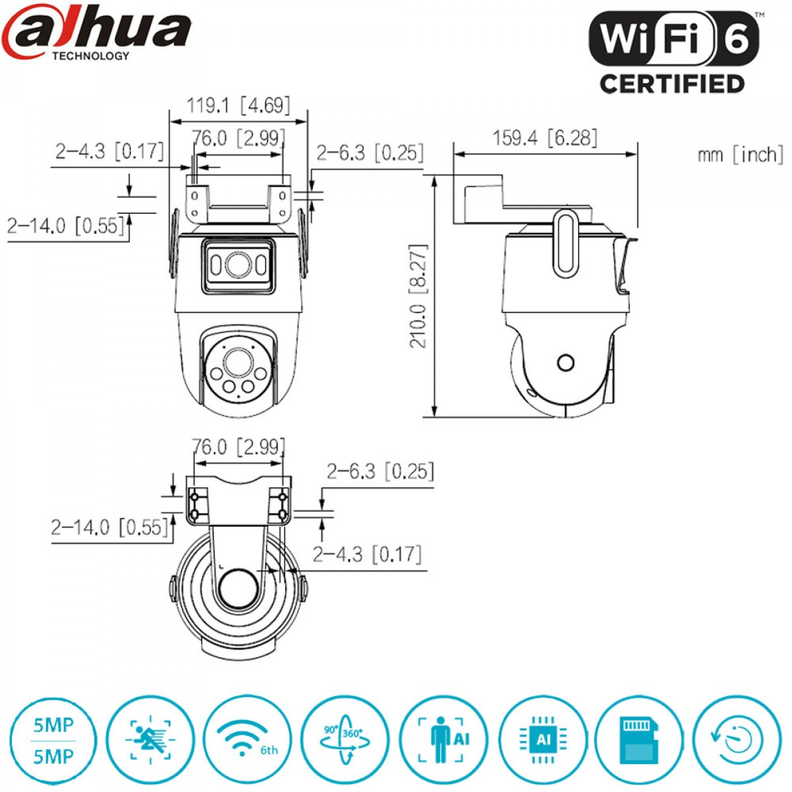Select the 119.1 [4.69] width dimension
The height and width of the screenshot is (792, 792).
tap(238, 106)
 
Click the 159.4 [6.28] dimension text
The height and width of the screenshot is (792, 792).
tap(544, 138)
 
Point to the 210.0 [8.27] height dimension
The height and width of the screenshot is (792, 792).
tap(418, 296)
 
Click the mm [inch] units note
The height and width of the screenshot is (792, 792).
tap(741, 155)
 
